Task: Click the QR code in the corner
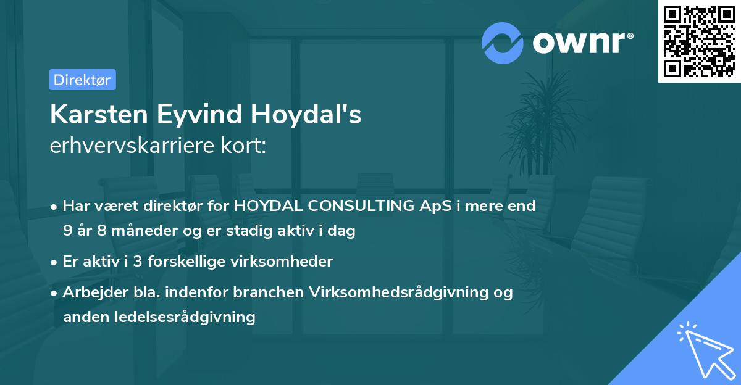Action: click(x=698, y=41)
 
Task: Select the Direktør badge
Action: click(x=82, y=80)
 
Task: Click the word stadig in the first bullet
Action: click(x=276, y=231)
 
